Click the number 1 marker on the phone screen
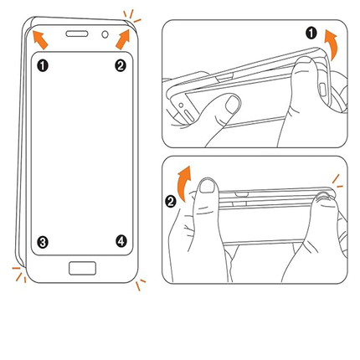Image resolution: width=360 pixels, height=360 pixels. tap(43, 66)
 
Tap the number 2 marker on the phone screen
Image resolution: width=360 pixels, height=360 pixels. tap(121, 66)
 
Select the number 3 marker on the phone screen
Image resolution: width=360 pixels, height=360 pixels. tap(43, 242)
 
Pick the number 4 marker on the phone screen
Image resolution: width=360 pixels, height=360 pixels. tap(121, 241)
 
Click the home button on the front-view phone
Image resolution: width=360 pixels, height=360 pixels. tap(83, 268)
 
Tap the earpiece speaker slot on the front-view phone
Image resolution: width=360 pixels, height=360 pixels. tap(77, 33)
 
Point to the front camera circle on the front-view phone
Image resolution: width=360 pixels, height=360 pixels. tap(105, 34)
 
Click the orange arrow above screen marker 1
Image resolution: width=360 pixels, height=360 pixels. tap(40, 40)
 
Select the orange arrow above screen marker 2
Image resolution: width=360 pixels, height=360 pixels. tap(123, 39)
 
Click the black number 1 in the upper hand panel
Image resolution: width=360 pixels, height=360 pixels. tap(311, 33)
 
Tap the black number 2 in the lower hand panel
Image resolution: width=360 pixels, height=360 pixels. tap(171, 202)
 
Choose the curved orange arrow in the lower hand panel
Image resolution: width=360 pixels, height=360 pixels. tap(185, 183)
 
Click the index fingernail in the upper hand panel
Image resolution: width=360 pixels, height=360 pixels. tap(232, 104)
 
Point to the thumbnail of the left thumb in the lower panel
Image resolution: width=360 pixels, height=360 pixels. tap(208, 187)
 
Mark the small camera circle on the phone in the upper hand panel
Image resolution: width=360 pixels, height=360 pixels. tap(181, 105)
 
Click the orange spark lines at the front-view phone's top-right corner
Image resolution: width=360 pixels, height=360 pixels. tap(131, 16)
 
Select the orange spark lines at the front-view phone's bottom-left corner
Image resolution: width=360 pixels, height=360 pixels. tap(19, 275)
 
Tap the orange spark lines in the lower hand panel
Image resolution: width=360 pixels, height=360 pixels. tap(337, 182)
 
